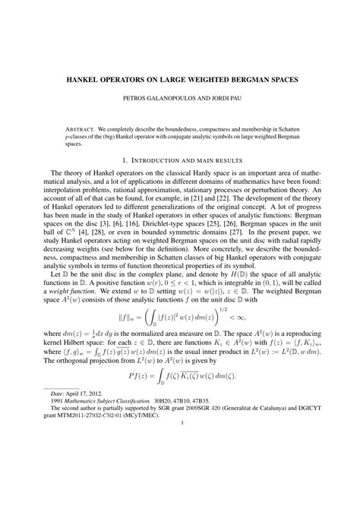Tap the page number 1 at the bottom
click(179, 486)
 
